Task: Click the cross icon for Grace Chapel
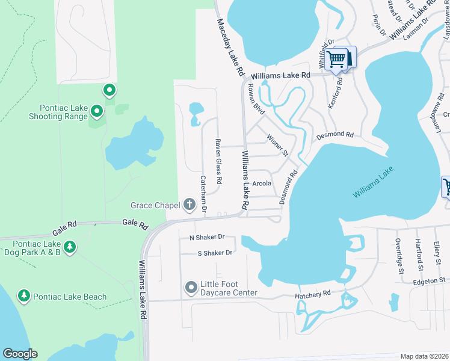click(190, 205)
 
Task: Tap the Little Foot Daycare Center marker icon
click(191, 288)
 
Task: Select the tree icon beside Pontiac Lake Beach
click(24, 296)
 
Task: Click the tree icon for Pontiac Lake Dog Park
click(70, 247)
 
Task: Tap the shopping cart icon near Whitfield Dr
click(337, 59)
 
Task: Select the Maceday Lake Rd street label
click(230, 46)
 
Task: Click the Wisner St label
click(278, 144)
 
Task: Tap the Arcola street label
click(262, 184)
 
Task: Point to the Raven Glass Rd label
click(219, 162)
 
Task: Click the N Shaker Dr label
click(206, 237)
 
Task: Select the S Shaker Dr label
click(215, 253)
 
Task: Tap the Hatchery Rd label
click(313, 293)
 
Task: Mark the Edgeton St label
click(428, 280)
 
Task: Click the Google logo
click(20, 354)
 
